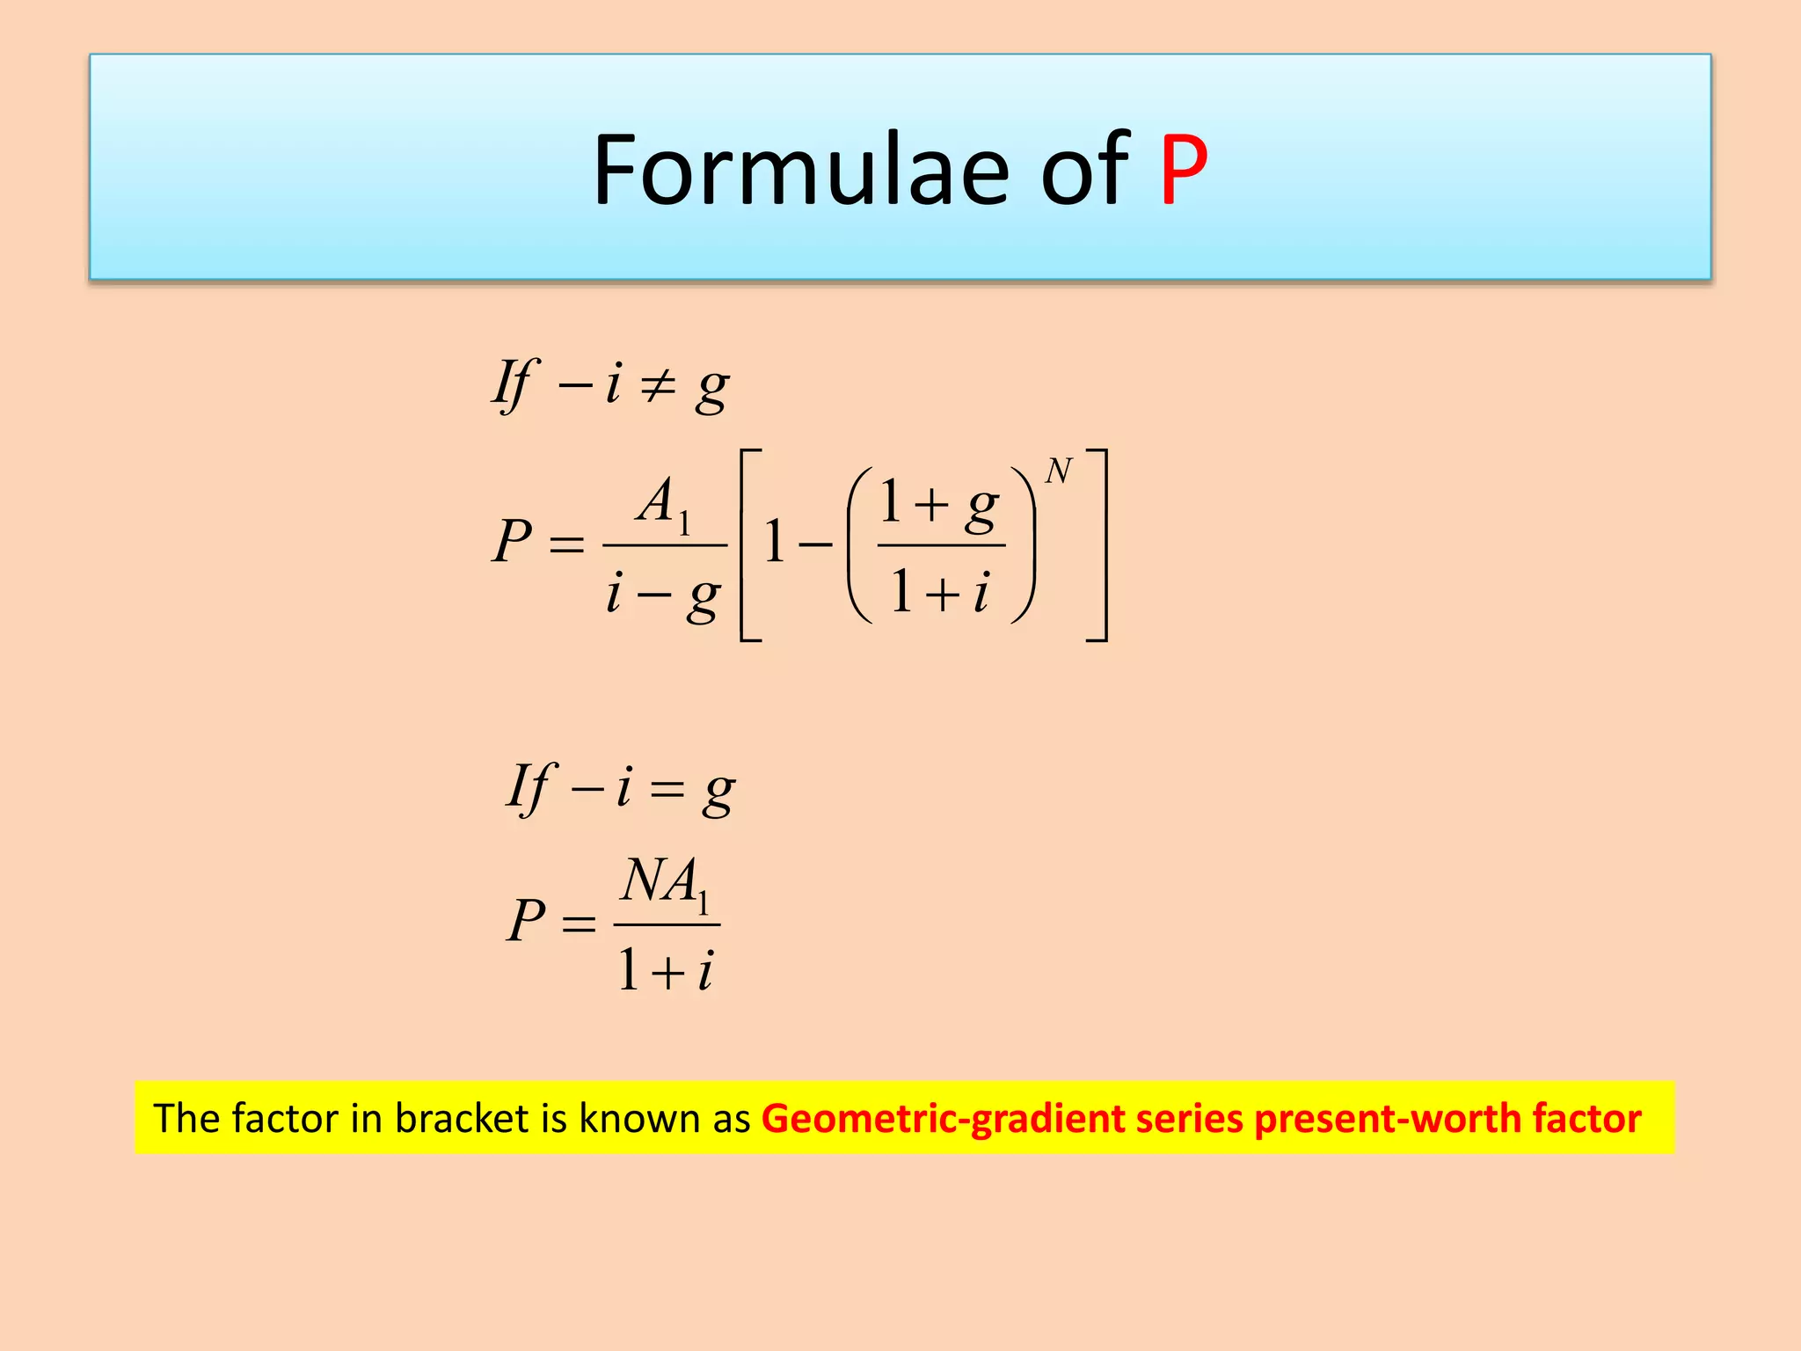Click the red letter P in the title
[1184, 170]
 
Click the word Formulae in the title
[801, 170]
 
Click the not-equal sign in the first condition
[657, 385]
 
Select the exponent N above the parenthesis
[1059, 472]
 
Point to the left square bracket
[748, 545]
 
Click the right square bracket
[1098, 545]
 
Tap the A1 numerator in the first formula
[665, 503]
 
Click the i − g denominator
[664, 595]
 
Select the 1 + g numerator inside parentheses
[940, 505]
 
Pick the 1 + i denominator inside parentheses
[940, 592]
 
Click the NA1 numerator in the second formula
[666, 882]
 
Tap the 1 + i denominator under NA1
[666, 971]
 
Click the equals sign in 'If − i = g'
[667, 789]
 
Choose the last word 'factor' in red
[1586, 1119]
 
